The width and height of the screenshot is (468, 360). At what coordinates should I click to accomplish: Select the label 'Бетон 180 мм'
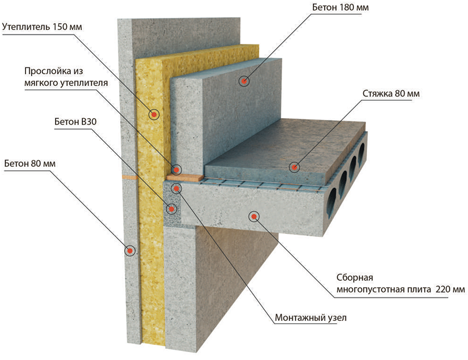[340, 8]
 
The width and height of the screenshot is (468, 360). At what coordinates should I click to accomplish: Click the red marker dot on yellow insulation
[154, 114]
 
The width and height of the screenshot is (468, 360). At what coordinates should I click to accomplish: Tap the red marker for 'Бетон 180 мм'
[244, 81]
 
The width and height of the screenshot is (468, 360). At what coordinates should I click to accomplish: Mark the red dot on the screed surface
[294, 167]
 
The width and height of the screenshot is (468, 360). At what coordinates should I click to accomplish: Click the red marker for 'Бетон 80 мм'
[130, 250]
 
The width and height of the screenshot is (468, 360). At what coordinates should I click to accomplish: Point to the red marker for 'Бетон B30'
[171, 209]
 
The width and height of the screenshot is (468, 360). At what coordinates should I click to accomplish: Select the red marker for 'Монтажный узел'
[176, 188]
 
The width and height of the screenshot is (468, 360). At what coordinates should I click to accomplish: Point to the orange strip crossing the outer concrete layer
[129, 176]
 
